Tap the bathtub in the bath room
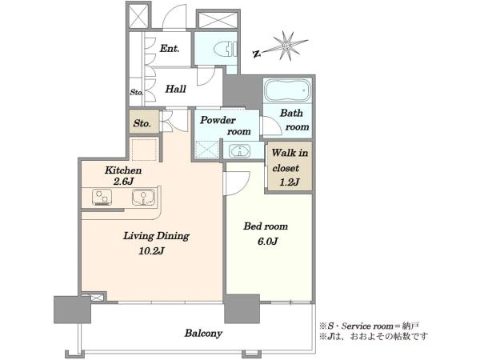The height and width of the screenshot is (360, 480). [x=287, y=90]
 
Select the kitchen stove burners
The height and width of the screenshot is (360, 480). [x=102, y=197]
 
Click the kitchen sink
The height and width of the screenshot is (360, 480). [x=143, y=197]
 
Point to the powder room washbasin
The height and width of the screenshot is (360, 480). [x=240, y=151]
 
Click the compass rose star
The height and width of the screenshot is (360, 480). [x=287, y=46]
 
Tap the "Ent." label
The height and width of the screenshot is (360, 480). [x=170, y=48]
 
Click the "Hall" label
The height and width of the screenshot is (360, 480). [x=176, y=89]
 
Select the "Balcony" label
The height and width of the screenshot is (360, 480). [x=203, y=334]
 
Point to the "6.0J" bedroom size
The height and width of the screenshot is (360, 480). [x=267, y=242]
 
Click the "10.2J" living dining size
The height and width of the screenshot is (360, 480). [x=152, y=251]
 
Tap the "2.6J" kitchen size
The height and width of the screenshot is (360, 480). [x=123, y=182]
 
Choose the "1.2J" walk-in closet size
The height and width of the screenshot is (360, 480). [x=290, y=182]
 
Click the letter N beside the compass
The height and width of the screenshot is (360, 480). [x=257, y=54]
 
